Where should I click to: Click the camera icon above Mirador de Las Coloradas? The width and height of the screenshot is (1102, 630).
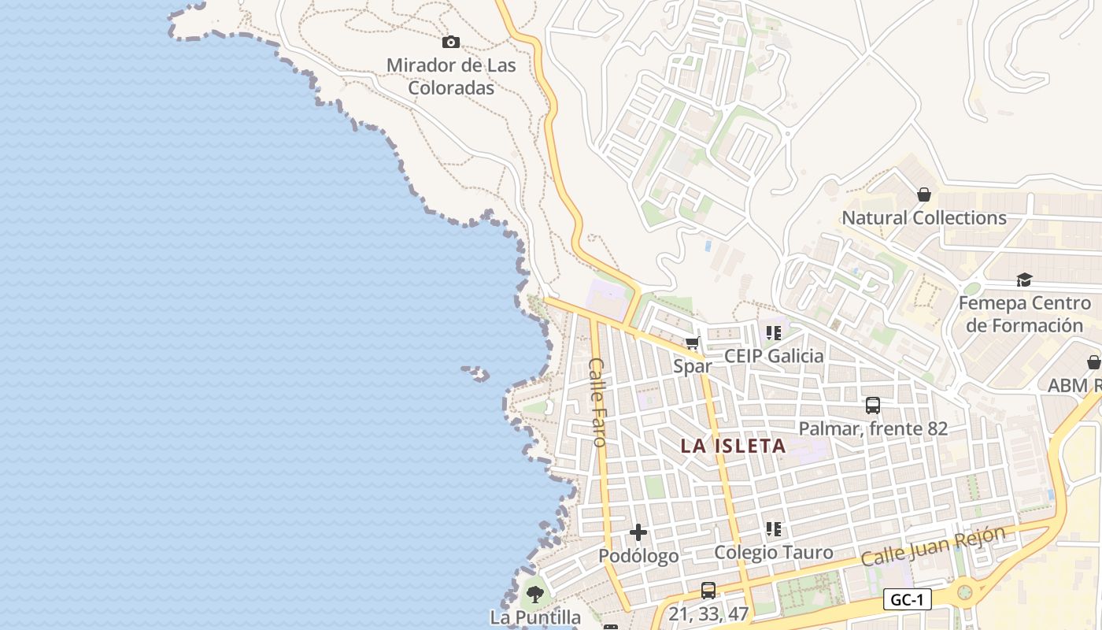(x=451, y=42)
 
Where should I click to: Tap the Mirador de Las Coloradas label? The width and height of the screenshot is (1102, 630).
(x=451, y=76)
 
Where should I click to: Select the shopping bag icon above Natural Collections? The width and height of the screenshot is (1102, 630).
(x=924, y=195)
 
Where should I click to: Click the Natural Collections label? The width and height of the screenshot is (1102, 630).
(x=924, y=217)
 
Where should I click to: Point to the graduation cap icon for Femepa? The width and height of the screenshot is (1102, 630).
(x=1024, y=280)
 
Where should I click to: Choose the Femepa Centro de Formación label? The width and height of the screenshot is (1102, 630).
(x=1024, y=314)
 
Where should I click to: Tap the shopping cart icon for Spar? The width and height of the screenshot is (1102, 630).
(x=693, y=343)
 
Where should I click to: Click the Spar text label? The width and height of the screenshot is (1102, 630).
(x=693, y=366)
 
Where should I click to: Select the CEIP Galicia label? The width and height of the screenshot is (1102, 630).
(x=774, y=356)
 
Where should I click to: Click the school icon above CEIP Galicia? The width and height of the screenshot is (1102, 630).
(x=774, y=333)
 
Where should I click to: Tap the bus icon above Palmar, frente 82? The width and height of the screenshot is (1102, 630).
(x=873, y=406)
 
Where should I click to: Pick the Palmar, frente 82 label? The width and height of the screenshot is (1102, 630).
(x=873, y=428)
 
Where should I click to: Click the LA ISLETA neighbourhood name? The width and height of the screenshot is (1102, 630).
(x=733, y=446)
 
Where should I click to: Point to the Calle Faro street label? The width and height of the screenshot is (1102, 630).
(x=598, y=402)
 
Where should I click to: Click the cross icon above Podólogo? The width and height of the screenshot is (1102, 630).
(x=638, y=533)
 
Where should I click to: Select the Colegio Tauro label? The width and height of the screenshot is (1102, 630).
(x=773, y=552)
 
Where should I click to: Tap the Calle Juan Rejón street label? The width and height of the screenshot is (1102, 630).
(x=933, y=546)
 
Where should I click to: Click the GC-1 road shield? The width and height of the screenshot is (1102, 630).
(x=907, y=599)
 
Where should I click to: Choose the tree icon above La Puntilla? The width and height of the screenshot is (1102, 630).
(x=535, y=594)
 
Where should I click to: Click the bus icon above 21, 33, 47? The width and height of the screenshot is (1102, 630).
(x=708, y=590)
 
